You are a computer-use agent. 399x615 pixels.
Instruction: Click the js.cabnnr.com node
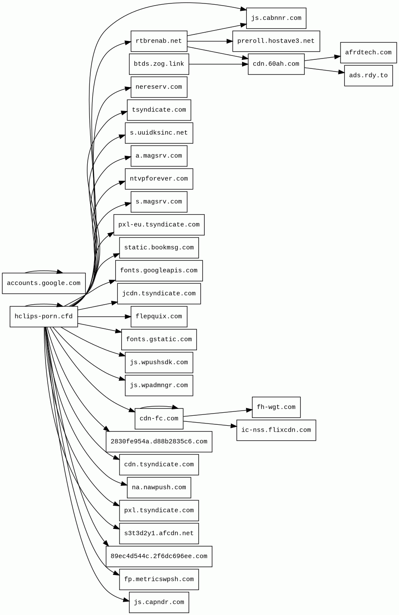(276, 18)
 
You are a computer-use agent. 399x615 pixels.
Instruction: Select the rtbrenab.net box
(159, 41)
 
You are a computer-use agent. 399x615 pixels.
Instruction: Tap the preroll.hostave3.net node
(276, 41)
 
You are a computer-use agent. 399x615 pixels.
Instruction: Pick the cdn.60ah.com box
(276, 64)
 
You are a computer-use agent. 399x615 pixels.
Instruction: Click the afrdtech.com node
(368, 53)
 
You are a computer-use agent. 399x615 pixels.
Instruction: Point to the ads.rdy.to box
(368, 76)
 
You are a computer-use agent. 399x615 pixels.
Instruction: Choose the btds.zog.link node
(159, 64)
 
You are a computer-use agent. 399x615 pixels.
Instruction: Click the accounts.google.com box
(43, 283)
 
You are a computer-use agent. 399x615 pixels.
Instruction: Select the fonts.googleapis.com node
(159, 271)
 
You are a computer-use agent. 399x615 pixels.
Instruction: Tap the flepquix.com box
(159, 317)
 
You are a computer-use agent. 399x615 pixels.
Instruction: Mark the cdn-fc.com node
(159, 419)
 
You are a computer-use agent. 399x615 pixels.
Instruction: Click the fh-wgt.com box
(276, 407)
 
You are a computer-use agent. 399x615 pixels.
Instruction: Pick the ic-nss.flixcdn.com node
(276, 430)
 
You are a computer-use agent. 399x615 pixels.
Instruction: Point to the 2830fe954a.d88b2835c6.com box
(159, 442)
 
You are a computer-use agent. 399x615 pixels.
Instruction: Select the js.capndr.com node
(159, 602)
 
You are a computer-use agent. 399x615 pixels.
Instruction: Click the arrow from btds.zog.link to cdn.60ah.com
(218, 64)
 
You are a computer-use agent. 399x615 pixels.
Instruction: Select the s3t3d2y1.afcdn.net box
(159, 533)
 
